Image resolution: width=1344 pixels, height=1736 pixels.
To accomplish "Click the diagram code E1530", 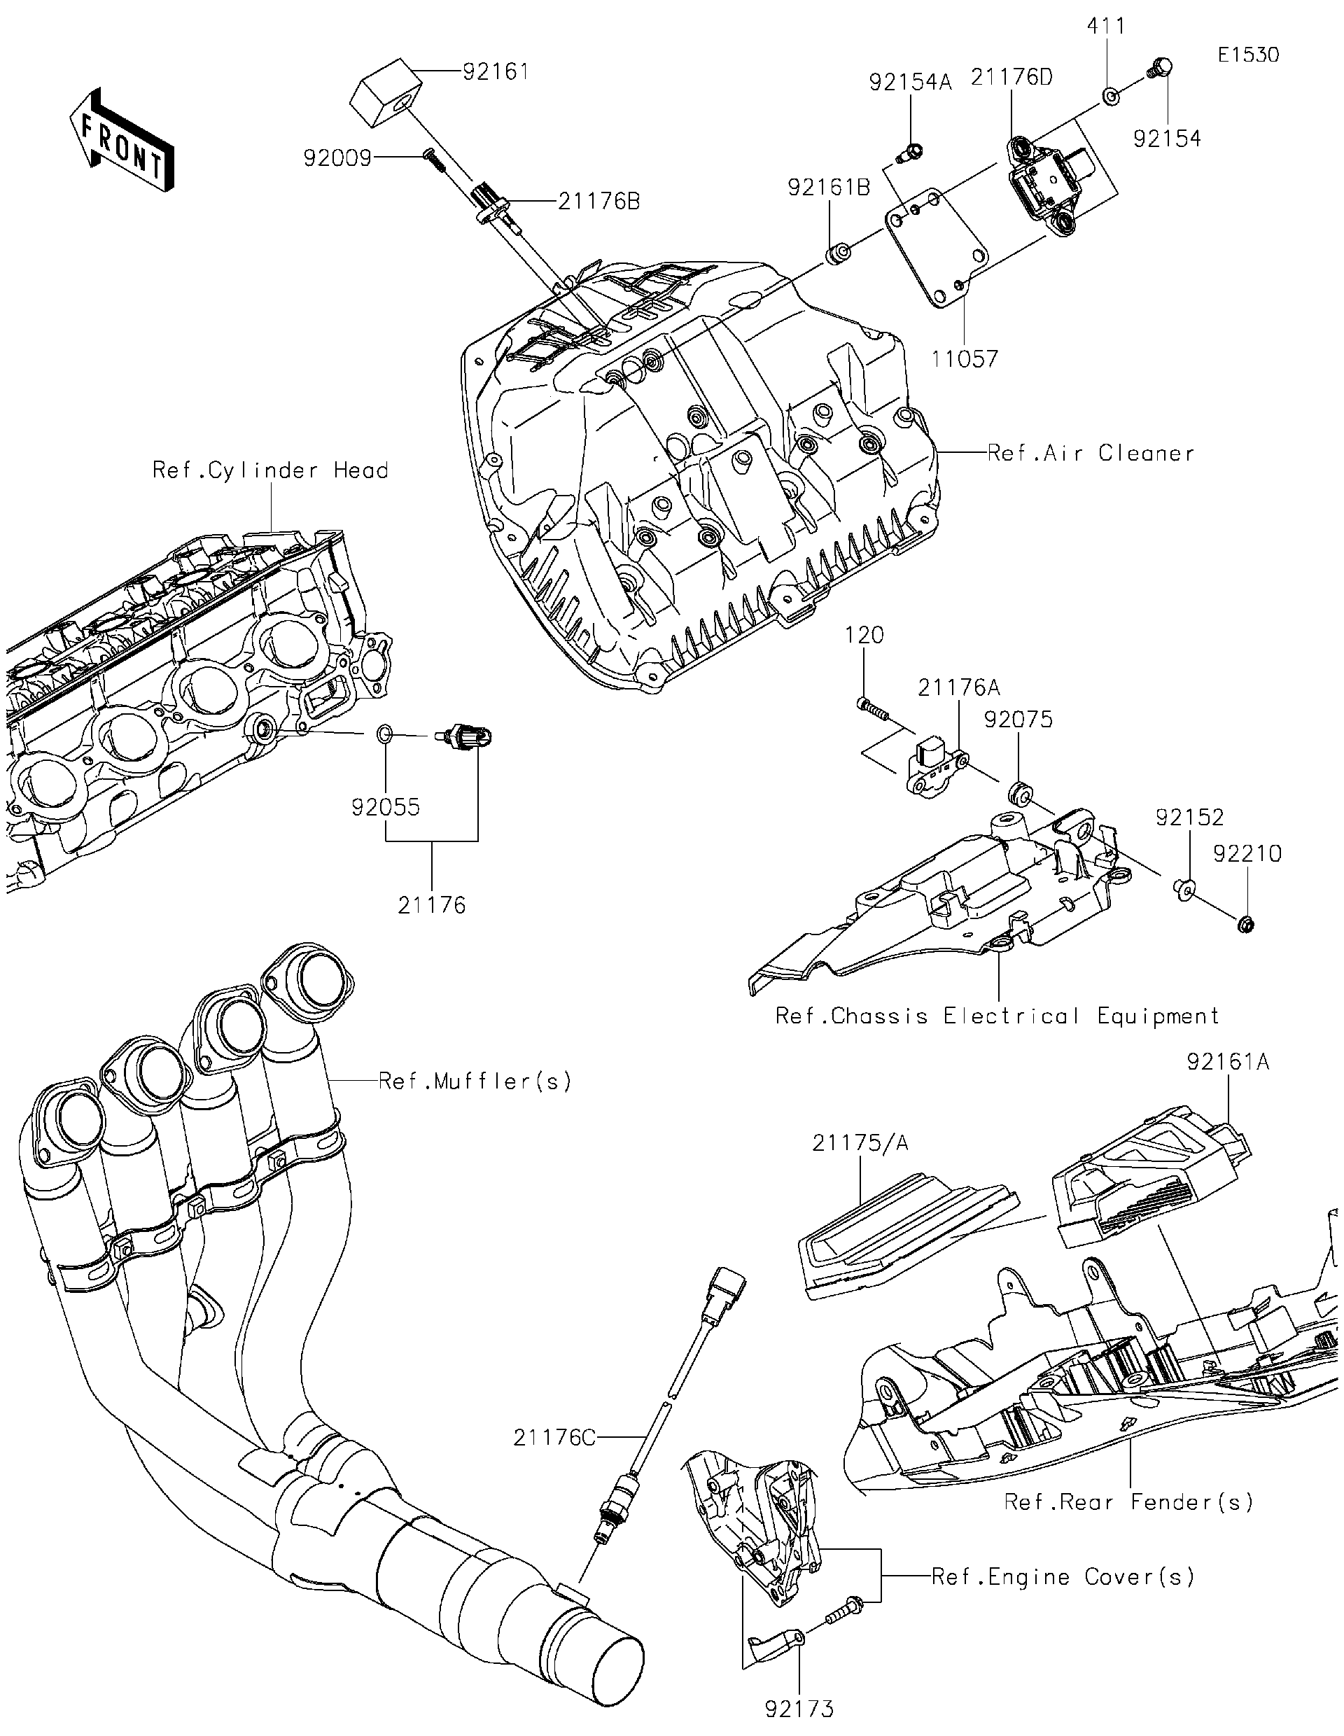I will [x=1248, y=55].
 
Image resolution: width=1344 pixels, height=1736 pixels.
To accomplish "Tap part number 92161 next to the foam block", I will [x=496, y=71].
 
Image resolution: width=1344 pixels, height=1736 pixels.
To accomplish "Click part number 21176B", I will [x=598, y=201].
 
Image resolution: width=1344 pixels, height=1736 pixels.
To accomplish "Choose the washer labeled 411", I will [x=1109, y=97].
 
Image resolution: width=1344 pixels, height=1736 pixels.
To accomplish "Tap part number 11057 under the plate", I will [x=965, y=359].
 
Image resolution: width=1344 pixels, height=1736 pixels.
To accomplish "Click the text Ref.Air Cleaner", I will [x=1091, y=453].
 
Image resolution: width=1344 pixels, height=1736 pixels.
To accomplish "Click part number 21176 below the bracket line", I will [x=432, y=904].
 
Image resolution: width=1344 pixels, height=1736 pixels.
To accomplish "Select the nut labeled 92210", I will [x=1245, y=925].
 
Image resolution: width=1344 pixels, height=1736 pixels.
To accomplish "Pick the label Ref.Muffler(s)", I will [x=475, y=1081].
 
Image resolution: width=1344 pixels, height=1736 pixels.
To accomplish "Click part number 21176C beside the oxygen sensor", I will [x=554, y=1437].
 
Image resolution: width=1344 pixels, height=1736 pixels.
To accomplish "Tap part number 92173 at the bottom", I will [x=799, y=1708].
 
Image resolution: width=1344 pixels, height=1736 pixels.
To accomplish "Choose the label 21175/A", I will [x=860, y=1142].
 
